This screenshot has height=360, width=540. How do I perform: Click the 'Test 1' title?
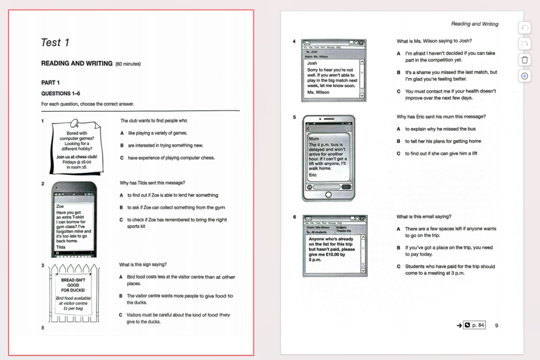(x=55, y=42)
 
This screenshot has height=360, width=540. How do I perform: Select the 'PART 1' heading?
(x=50, y=82)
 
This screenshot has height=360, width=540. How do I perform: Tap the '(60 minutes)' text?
(x=128, y=64)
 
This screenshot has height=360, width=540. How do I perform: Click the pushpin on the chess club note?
(x=74, y=123)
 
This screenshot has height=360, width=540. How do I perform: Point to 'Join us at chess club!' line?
(x=76, y=156)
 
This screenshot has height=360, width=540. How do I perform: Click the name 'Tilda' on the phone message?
(x=60, y=247)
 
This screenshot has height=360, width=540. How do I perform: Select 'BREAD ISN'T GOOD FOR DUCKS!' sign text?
(x=73, y=285)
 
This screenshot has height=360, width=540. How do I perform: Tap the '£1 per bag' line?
(x=73, y=308)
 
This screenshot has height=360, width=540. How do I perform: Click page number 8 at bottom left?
(x=42, y=327)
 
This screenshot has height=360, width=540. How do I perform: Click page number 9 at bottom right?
(x=496, y=325)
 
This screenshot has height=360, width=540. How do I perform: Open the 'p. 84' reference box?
(x=474, y=325)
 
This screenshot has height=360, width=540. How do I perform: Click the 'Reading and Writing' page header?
(x=474, y=23)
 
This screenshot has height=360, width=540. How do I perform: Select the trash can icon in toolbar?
(x=524, y=60)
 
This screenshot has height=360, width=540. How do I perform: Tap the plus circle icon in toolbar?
(x=524, y=76)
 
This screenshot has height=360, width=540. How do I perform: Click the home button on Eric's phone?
(x=328, y=195)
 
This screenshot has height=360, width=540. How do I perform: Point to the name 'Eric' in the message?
(x=312, y=175)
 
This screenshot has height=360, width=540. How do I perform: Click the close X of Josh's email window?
(x=361, y=43)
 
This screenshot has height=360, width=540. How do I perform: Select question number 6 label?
(x=294, y=217)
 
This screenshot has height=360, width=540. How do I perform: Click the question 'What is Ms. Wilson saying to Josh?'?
(x=434, y=41)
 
